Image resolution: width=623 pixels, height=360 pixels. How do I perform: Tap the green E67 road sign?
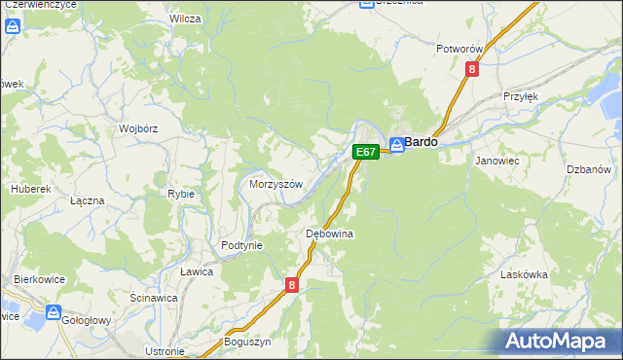pyautogui.click(x=365, y=152)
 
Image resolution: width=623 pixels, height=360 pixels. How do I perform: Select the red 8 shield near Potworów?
pyautogui.click(x=472, y=69)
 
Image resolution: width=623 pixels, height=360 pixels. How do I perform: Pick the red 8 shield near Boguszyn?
pyautogui.click(x=292, y=285)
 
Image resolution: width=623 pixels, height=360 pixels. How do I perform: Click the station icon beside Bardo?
pyautogui.click(x=397, y=145)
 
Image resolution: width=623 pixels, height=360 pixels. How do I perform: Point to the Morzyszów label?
pyautogui.click(x=277, y=184)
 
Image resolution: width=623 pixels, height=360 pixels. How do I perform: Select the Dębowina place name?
pyautogui.click(x=329, y=234)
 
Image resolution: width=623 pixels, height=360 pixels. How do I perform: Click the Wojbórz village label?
pyautogui.click(x=137, y=127)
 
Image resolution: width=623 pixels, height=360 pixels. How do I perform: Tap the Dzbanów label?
pyautogui.click(x=588, y=169)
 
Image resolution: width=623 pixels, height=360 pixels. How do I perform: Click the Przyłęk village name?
pyautogui.click(x=521, y=96)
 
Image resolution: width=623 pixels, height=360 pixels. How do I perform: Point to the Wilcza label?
pyautogui.click(x=184, y=18)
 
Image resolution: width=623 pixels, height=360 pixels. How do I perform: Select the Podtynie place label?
pyautogui.click(x=241, y=246)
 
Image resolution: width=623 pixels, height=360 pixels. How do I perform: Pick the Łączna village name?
pyautogui.click(x=87, y=199)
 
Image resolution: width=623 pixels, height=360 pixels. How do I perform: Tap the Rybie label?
pyautogui.click(x=181, y=194)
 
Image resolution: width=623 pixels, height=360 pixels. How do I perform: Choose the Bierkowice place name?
pyautogui.click(x=39, y=279)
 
